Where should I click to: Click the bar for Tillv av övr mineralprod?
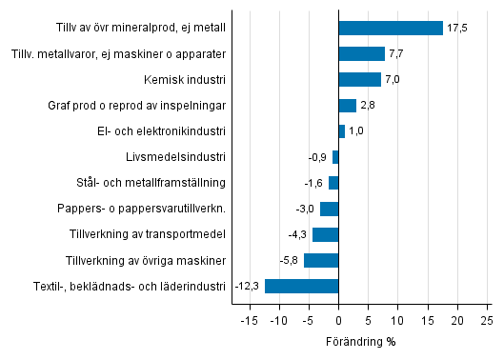[391, 28]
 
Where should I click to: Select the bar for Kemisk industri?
[359, 79]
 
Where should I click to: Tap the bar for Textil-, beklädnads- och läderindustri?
[301, 286]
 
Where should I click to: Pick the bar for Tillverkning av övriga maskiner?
[321, 260]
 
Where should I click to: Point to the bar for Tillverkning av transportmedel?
[325, 234]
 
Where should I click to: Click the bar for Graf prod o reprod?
[347, 105]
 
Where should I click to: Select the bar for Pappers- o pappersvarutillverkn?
[329, 209]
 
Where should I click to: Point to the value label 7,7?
[397, 53]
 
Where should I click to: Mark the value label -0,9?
[317, 157]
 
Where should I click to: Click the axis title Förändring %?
[361, 341]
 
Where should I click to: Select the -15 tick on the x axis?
[249, 321]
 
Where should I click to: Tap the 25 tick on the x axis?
[486, 321]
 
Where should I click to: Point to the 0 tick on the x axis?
[338, 321]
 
